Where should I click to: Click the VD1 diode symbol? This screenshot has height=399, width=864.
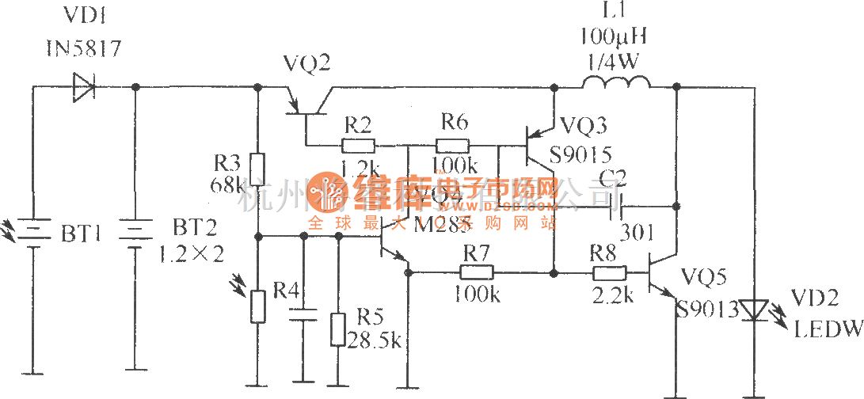[x=82, y=86]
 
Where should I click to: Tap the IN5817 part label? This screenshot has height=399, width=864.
[x=82, y=50]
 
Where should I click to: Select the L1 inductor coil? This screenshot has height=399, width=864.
[x=616, y=82]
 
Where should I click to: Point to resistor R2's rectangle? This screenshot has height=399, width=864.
[x=358, y=146]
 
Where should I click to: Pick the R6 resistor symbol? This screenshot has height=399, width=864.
[x=452, y=146]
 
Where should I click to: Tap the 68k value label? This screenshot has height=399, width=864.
[x=230, y=185]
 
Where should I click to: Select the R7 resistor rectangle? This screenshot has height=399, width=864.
[x=478, y=272]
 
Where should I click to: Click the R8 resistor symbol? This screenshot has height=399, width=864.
[x=610, y=272]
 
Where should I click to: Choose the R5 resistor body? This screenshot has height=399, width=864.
[x=337, y=329]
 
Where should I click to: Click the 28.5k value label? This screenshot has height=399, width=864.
[x=374, y=340]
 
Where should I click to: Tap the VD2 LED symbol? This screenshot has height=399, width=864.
[x=753, y=310]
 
